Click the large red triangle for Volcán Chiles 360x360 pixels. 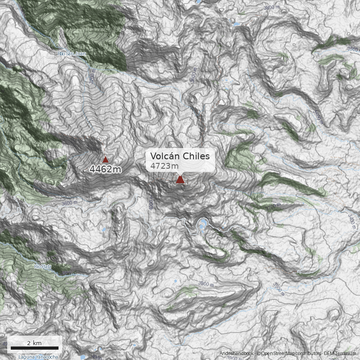click(180, 180)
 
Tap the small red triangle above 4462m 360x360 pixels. click(105, 159)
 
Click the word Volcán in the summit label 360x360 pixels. click(164, 156)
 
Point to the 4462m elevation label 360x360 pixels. click(105, 170)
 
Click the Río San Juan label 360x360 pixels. click(72, 54)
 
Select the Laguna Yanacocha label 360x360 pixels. click(38, 357)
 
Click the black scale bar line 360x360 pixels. click(35, 348)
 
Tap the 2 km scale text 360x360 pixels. click(34, 343)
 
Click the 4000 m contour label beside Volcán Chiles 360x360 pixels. click(152, 205)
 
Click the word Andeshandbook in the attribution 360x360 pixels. click(236, 353)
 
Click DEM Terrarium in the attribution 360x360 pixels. click(340, 353)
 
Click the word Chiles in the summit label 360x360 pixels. click(194, 156)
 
